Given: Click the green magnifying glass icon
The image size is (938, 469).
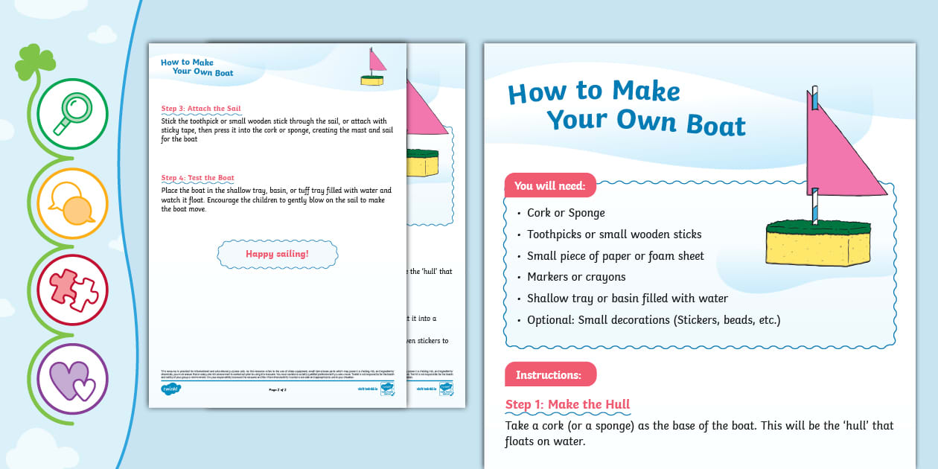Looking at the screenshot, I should coord(72,114).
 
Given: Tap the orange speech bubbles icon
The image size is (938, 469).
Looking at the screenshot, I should coord(72,202).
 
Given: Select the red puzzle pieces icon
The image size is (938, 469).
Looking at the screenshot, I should coord(72,290).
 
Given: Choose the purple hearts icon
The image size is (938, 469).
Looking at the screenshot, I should coord(72,378).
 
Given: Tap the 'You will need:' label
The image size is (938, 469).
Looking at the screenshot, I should coord(550,185).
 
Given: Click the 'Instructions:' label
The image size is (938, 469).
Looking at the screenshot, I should coord(549,374).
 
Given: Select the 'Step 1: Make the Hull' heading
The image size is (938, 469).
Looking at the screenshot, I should coord(567,404).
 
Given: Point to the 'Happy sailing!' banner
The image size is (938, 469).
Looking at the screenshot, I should coord(277,254).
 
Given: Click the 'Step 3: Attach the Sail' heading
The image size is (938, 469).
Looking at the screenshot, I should coord(201,109).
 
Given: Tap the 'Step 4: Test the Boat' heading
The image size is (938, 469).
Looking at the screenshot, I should coord(198,178).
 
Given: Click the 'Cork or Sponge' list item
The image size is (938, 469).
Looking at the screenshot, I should coord(566,213).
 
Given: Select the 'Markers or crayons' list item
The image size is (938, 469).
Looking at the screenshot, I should coord(576,277).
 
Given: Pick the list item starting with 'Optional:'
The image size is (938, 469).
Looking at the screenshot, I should coord(654,320).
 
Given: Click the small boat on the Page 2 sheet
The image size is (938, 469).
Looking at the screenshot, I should coord(372,68).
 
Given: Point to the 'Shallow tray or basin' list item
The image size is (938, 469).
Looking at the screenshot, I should coord(628,299).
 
